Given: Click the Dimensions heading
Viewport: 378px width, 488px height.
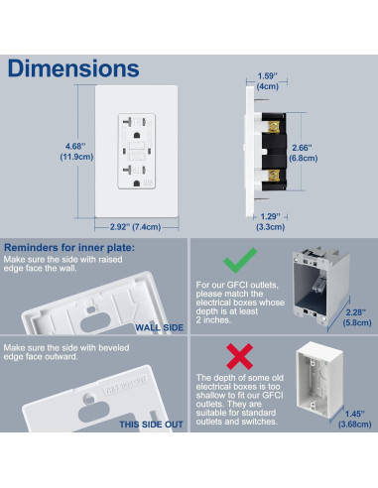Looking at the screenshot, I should point(72,68).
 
